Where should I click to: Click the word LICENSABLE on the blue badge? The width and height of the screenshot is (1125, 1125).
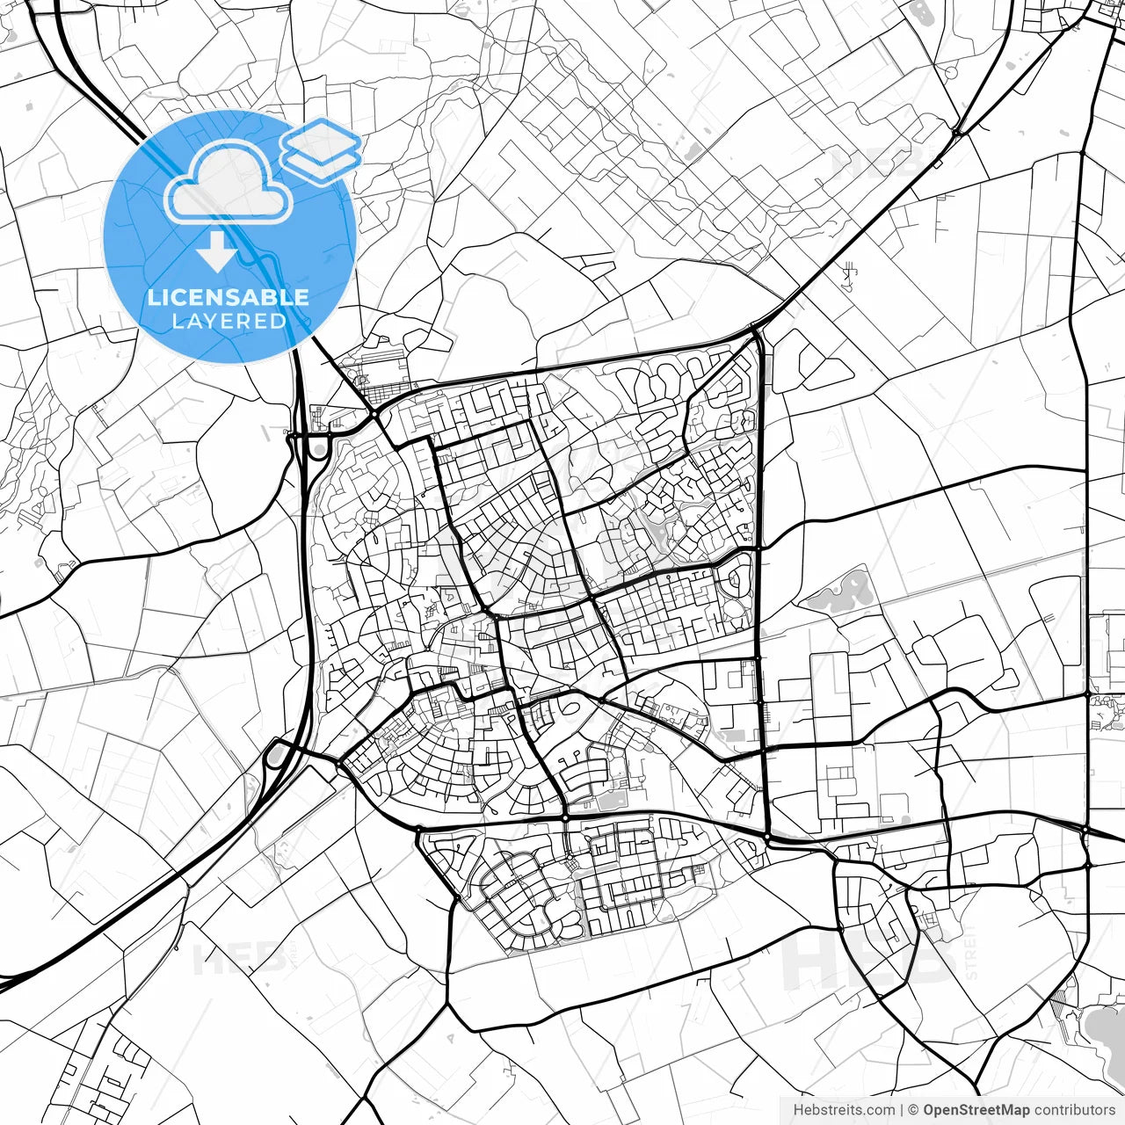coord(229,297)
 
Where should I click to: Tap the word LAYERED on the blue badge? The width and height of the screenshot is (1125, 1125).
coord(229,321)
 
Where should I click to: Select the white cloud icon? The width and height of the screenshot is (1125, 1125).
coord(229,183)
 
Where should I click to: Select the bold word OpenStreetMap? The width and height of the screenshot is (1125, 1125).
coord(976,1110)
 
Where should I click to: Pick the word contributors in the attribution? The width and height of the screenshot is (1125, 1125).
coord(1074,1110)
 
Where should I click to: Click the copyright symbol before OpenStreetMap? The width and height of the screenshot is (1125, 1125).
coord(914,1110)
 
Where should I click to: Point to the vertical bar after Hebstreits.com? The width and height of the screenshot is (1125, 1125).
coord(903,1110)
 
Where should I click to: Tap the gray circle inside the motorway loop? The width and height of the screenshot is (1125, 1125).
coord(316,450)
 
